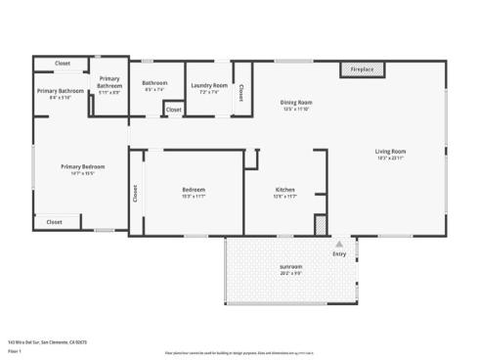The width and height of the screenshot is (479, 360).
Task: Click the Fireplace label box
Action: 363,69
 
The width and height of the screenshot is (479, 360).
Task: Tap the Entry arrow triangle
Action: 339,244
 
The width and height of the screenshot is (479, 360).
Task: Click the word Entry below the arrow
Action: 339,253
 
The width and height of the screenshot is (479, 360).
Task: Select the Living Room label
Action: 390,154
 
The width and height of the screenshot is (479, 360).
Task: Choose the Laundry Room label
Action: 209,86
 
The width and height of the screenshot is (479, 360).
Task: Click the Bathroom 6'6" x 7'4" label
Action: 155,86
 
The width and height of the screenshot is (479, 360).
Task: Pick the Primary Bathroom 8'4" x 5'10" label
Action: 61,94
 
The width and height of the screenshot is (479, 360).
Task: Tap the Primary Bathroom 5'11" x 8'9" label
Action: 109,86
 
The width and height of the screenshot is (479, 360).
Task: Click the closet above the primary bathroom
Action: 63,64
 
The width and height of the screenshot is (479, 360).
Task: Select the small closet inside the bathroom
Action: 173,110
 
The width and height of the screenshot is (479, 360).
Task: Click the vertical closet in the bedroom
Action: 136,193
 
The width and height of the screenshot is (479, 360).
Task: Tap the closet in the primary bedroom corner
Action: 55,222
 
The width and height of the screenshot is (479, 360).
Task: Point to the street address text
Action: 47,341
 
